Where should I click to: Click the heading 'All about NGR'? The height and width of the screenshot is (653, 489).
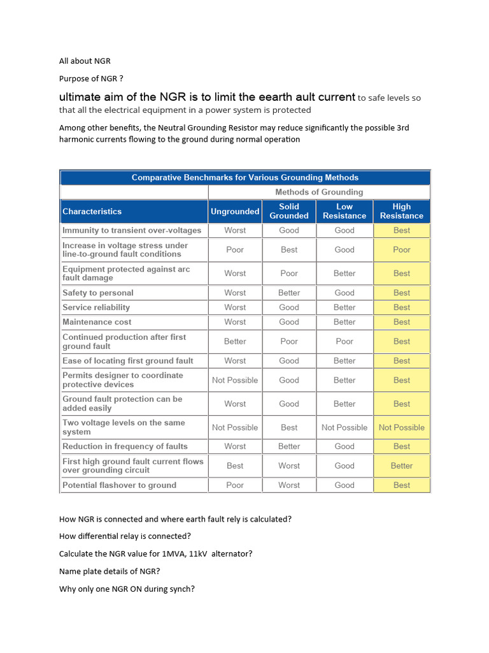85,61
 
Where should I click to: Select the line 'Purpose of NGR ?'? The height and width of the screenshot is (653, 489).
91,78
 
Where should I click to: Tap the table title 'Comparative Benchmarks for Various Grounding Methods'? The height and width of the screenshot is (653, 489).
245,177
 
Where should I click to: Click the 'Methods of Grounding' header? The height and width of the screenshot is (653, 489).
319,192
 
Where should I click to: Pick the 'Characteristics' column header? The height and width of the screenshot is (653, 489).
92,211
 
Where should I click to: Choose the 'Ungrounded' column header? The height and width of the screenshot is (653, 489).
235,211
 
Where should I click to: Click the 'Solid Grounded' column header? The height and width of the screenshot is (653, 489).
289,211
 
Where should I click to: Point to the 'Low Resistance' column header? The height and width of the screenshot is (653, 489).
344,211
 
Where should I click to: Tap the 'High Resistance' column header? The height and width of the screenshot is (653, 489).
402,211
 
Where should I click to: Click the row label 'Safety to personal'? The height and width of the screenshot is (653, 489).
98,293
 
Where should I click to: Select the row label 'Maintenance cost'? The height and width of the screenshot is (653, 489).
97,322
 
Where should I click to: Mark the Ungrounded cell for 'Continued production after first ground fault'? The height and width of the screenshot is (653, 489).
235,341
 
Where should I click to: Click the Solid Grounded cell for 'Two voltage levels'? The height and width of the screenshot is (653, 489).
289,427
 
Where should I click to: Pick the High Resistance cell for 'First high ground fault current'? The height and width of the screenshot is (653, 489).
402,466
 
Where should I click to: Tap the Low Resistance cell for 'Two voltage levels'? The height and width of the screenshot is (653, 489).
344,427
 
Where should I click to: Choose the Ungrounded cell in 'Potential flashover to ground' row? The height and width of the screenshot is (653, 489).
235,485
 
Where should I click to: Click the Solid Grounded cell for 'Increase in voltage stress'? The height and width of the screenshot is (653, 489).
289,249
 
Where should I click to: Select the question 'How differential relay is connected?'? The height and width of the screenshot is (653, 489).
125,536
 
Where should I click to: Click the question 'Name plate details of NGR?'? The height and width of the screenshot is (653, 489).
110,571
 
